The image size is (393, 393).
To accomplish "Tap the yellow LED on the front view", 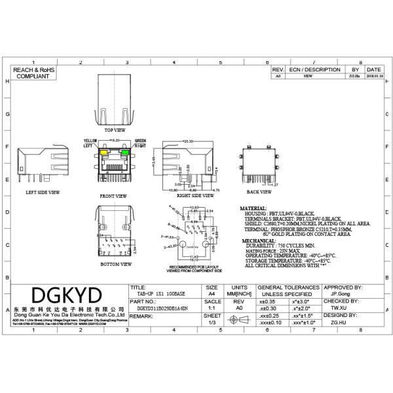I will point(104,153).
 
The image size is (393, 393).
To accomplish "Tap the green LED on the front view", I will point(126,153).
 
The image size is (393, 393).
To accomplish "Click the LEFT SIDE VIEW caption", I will point(42,193).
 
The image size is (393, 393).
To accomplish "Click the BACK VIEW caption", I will point(259,192).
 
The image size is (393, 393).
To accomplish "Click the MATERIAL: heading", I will point(256,208).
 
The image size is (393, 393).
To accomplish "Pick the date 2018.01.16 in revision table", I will point(373,77).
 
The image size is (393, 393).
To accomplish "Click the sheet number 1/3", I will point(212,323).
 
